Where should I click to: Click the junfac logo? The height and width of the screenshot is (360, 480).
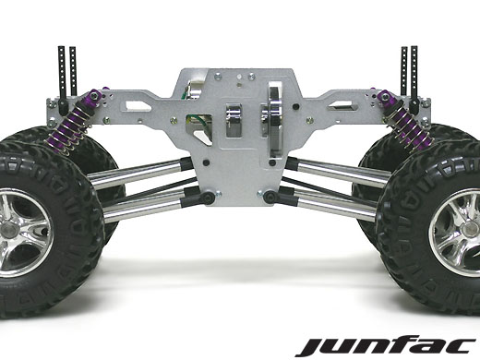[x=386, y=347]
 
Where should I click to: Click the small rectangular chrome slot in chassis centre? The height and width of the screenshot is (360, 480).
[x=234, y=120]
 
